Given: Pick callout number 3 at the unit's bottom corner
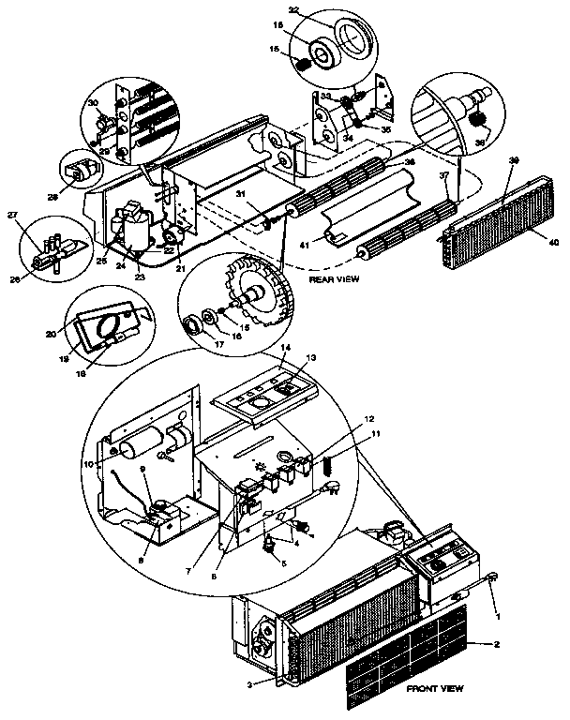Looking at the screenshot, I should [x=252, y=685].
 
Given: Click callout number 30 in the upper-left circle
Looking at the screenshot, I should [x=92, y=102].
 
